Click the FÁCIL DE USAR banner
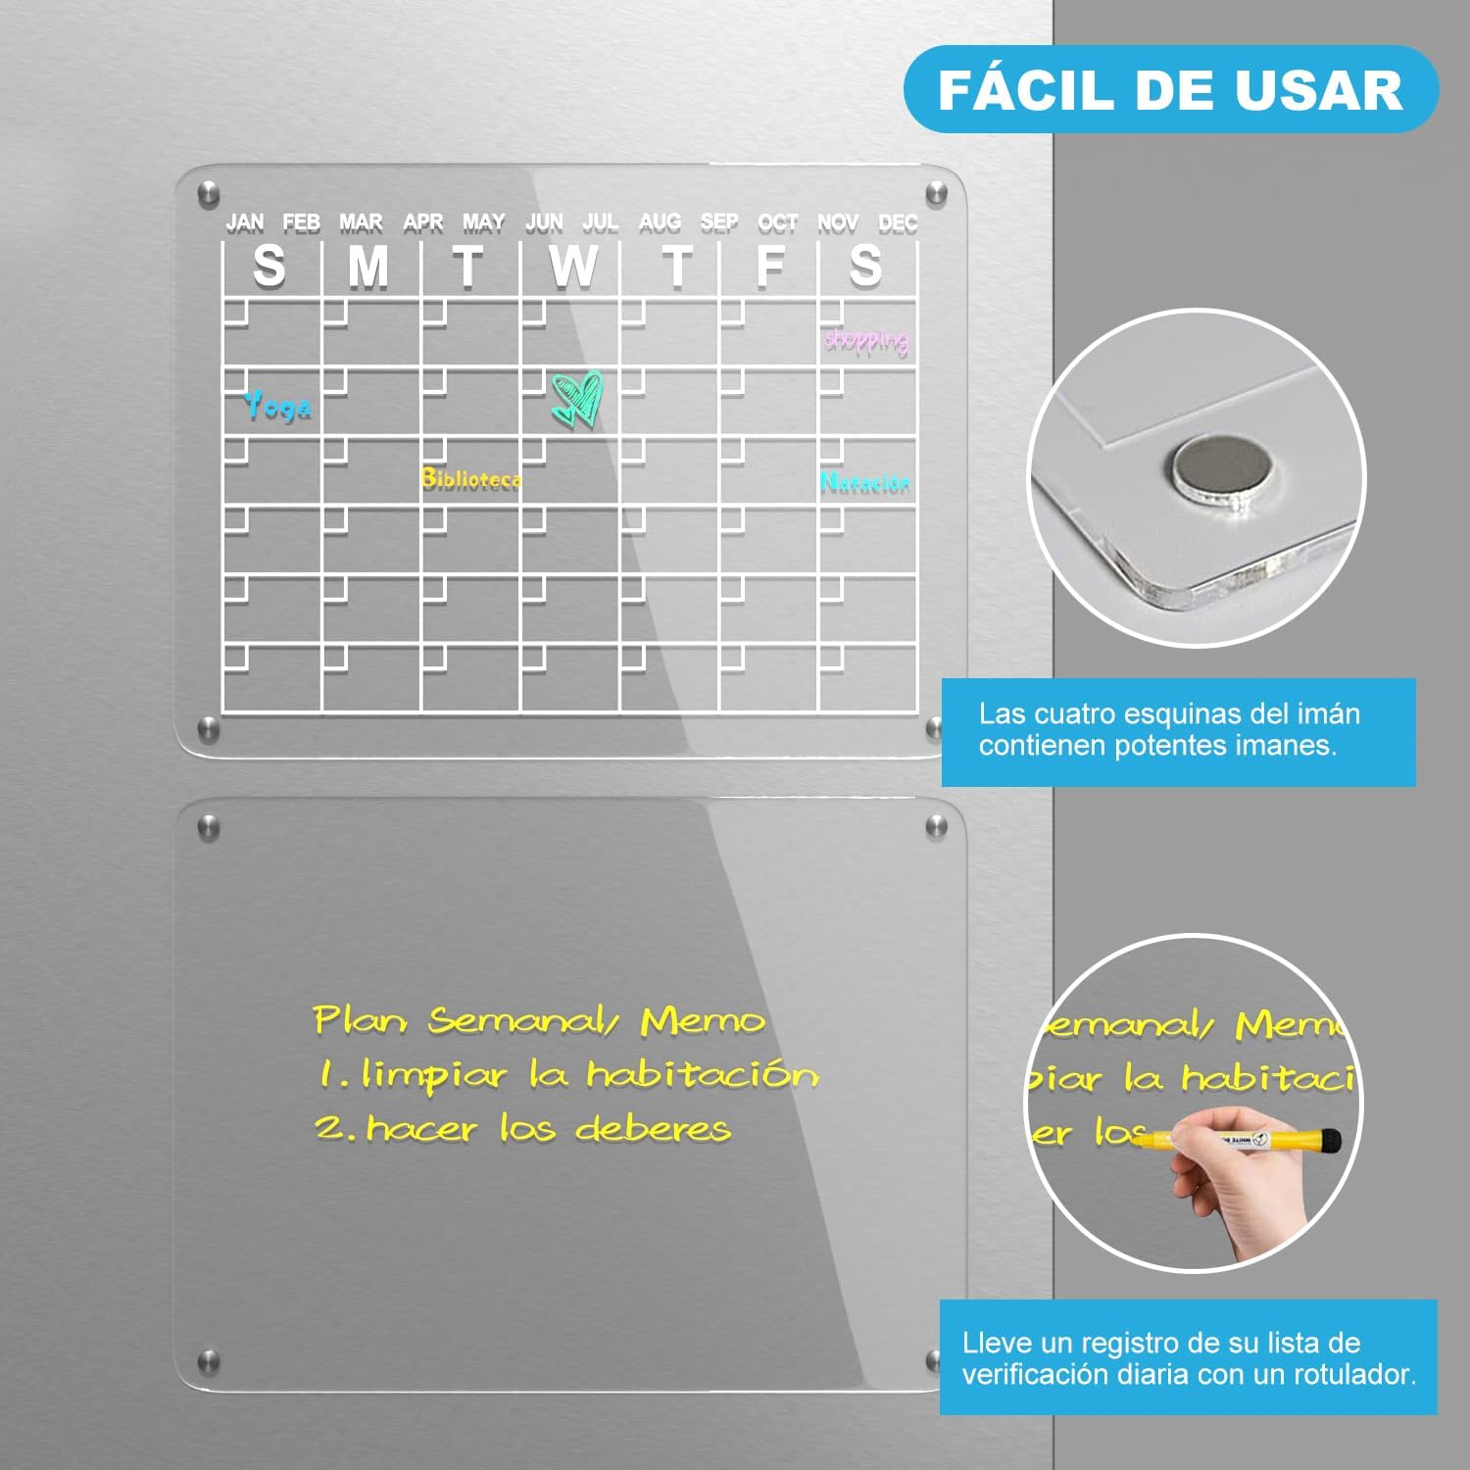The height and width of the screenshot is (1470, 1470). click(x=1171, y=89)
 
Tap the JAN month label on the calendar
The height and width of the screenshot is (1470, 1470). click(x=245, y=222)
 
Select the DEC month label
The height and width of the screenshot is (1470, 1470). click(x=898, y=222)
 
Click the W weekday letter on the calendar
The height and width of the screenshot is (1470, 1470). click(x=573, y=266)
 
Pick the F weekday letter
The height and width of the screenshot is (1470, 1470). click(x=771, y=266)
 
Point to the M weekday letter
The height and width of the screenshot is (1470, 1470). click(x=368, y=266)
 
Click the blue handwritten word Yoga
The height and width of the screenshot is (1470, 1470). click(x=277, y=405)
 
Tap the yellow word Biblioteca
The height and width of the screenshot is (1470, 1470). click(x=471, y=478)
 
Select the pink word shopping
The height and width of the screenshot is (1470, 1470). click(x=866, y=340)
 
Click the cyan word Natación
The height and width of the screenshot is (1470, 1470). click(x=865, y=482)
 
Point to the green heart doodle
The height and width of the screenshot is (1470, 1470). click(x=577, y=398)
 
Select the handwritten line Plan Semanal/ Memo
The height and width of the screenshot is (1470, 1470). click(x=539, y=1020)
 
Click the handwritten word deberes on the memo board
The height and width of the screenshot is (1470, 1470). click(x=654, y=1128)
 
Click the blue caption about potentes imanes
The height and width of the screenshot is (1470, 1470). click(x=1179, y=731)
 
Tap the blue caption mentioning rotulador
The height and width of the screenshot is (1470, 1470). click(x=1189, y=1358)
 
